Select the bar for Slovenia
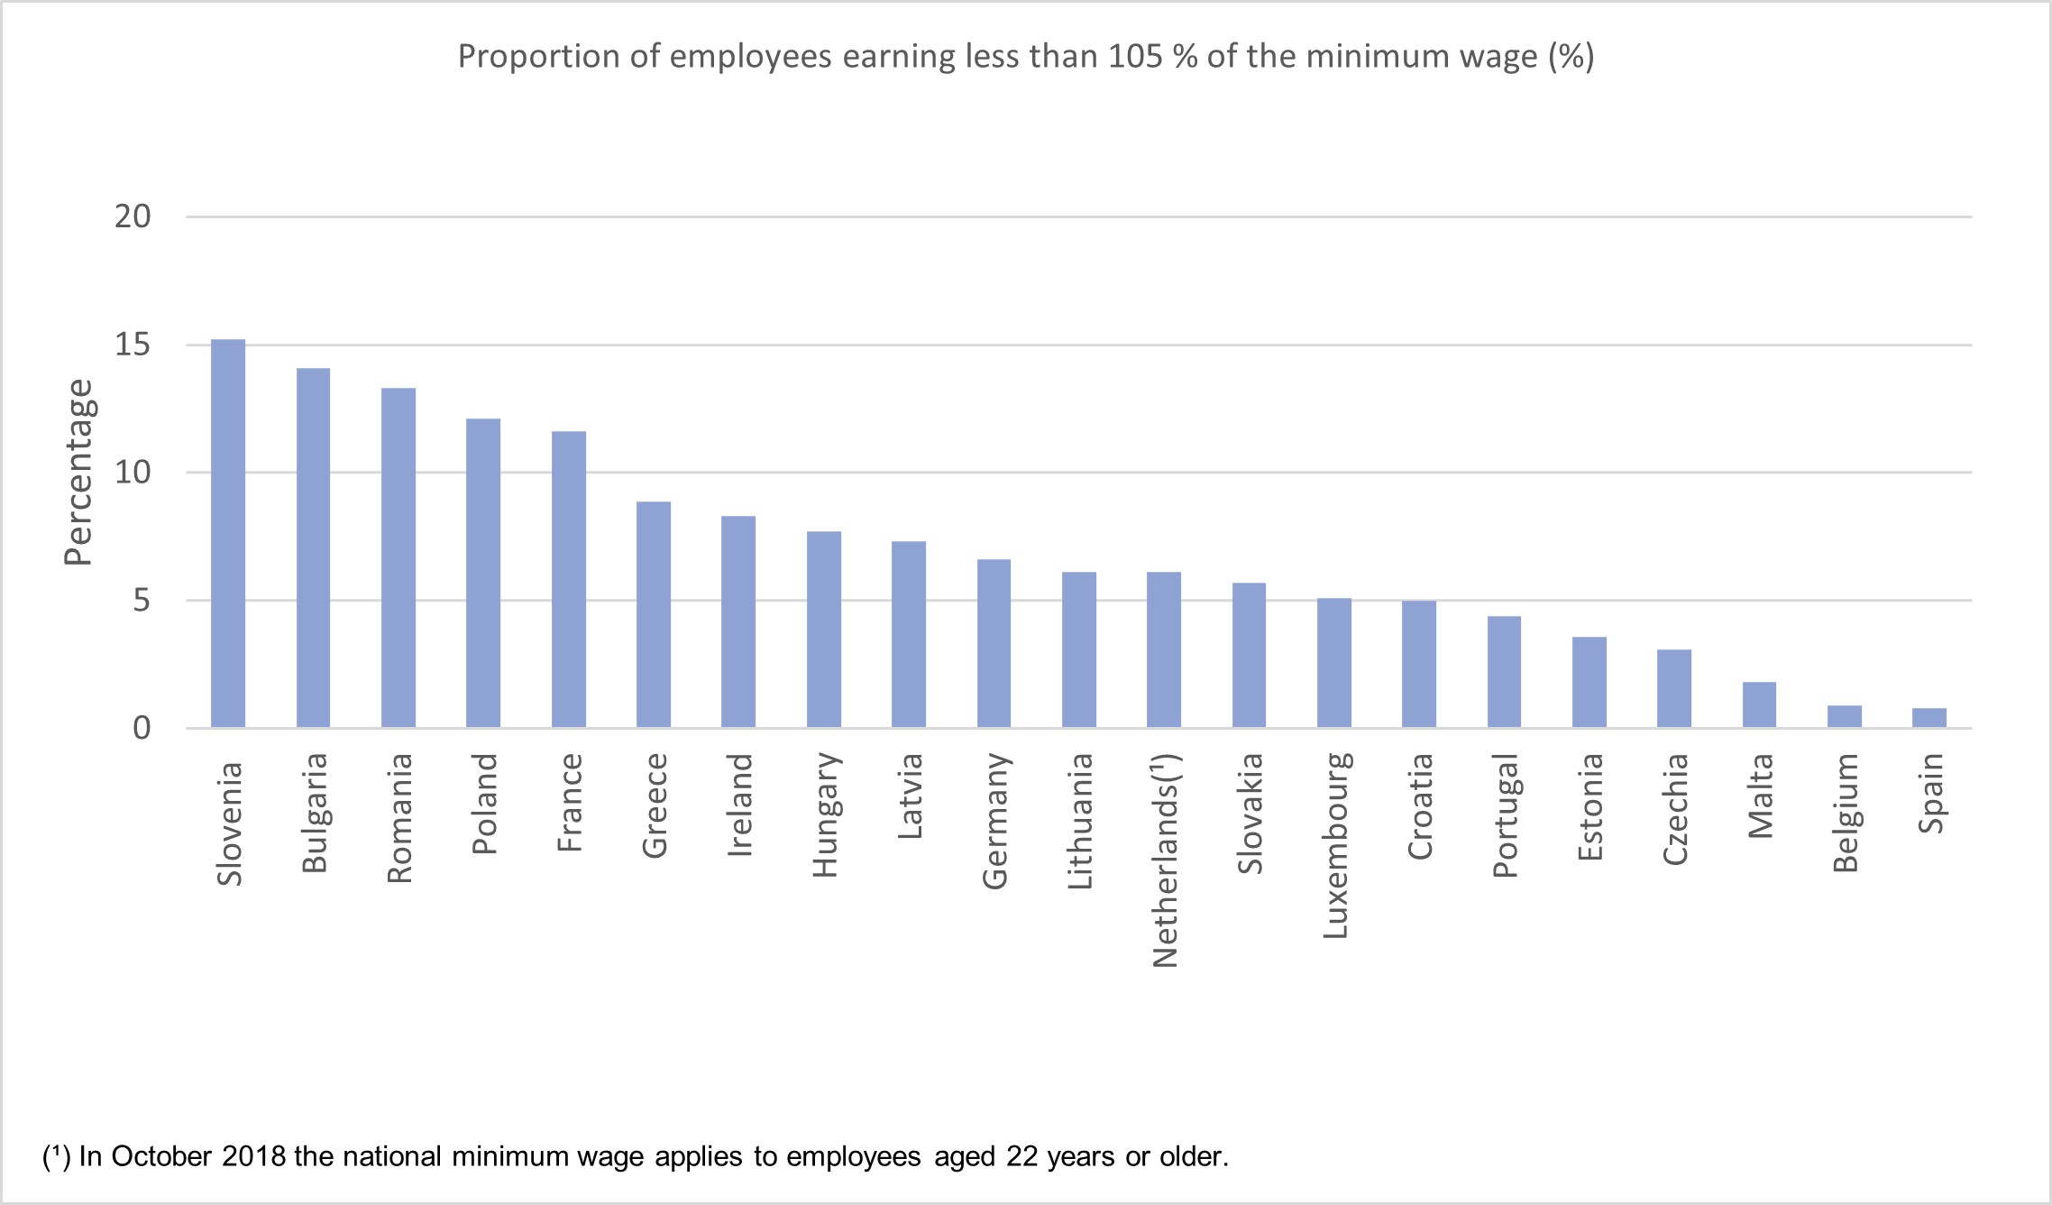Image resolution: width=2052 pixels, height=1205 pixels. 228,534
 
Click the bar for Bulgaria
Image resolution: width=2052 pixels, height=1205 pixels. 313,547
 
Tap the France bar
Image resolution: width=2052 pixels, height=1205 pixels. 568,579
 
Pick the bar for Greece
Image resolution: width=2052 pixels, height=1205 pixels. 654,614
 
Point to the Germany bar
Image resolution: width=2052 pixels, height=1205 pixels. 994,643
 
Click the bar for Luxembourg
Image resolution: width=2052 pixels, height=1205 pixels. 1333,663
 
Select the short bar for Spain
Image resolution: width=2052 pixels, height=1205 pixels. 1928,718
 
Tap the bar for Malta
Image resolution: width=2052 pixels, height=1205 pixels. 1759,704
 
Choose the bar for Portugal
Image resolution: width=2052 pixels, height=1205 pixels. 1504,672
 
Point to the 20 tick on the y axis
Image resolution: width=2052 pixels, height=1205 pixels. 133,216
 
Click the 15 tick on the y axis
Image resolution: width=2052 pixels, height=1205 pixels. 133,345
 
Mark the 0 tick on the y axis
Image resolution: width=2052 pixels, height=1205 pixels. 142,728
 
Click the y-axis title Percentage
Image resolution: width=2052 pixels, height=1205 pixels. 79,472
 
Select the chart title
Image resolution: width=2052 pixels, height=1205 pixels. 1026,57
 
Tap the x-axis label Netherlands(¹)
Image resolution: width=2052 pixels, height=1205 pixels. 1166,860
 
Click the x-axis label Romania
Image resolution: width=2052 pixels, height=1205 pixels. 399,818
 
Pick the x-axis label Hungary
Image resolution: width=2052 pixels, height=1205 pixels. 825,815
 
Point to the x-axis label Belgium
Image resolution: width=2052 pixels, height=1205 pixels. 1846,814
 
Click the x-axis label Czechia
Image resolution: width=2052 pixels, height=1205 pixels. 1675,810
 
